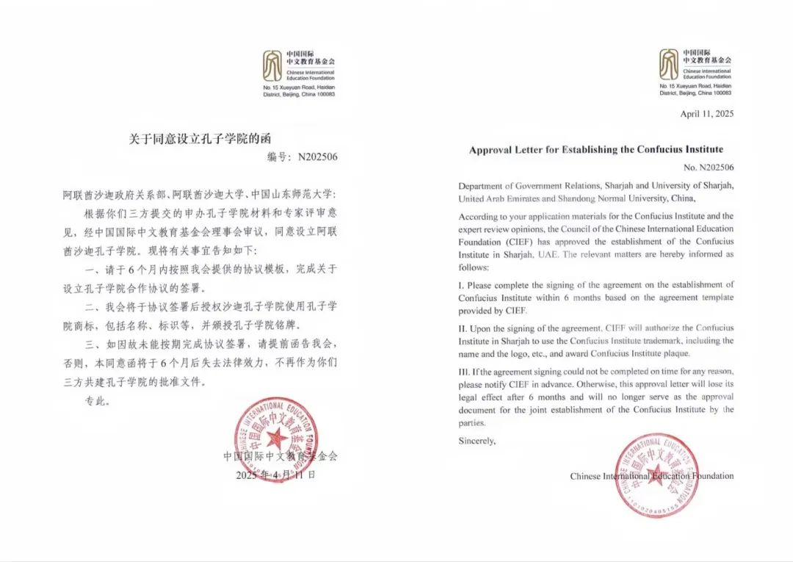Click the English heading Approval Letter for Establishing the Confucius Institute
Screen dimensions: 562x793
click(x=595, y=150)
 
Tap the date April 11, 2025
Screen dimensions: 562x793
click(x=706, y=114)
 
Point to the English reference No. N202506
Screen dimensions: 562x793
click(x=709, y=167)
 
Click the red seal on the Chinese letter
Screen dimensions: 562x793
click(x=276, y=439)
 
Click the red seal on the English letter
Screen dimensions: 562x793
click(x=655, y=475)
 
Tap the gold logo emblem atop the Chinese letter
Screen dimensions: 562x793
click(x=272, y=65)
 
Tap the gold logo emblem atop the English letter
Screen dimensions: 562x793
click(x=668, y=65)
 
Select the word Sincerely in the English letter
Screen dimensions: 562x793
click(x=477, y=441)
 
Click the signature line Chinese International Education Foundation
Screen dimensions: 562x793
click(x=651, y=476)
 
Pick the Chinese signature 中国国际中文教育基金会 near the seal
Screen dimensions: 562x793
click(x=280, y=456)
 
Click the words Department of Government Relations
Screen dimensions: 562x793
click(x=523, y=186)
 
